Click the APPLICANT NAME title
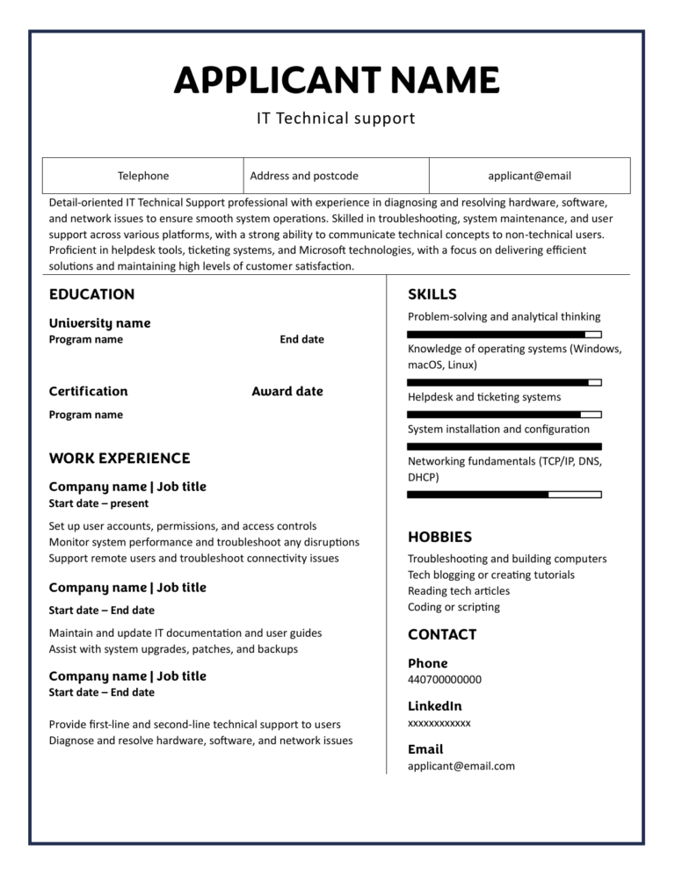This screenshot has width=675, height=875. point(337,80)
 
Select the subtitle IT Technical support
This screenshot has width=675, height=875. point(336,118)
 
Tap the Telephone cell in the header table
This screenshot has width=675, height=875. point(143,176)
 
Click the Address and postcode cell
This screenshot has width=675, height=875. point(304,176)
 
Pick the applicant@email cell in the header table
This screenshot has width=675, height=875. point(529,176)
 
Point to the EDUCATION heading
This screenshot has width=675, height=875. point(91,294)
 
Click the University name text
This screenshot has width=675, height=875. point(99,322)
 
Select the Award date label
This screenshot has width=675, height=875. point(287,391)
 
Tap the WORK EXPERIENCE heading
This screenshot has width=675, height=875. point(119,458)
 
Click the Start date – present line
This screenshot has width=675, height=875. point(98,503)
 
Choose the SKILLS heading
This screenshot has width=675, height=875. point(432,294)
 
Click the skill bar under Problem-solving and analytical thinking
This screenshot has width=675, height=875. point(504,335)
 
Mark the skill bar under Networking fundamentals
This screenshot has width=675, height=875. point(504,495)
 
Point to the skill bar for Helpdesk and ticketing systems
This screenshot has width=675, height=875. point(504,414)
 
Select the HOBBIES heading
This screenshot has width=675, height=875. point(439,537)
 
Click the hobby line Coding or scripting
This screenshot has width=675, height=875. point(454,607)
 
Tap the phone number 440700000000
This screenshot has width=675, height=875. point(444,679)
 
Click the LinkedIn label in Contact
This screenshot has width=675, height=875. point(434,705)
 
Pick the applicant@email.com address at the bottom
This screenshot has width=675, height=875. point(461,766)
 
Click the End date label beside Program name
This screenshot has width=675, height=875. point(301,339)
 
